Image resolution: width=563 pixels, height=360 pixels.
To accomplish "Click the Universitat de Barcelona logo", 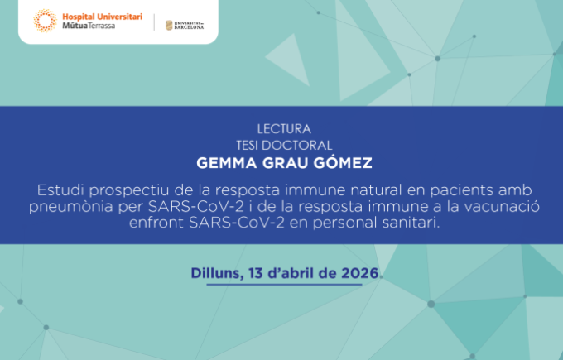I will click(x=185, y=24).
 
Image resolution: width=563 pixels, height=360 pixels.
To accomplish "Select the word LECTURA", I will click(x=284, y=129).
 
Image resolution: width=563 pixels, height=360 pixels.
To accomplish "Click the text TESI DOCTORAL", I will click(x=284, y=142).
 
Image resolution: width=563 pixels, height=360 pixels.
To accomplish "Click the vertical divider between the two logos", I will click(x=155, y=23).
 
